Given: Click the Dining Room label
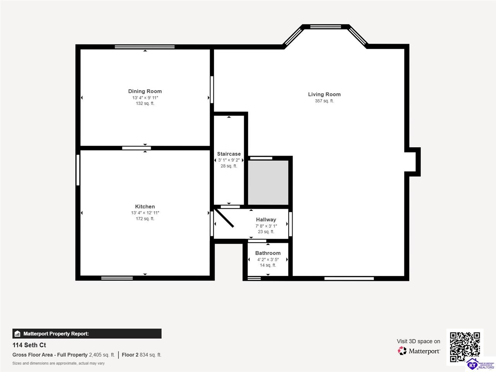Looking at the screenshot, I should pyautogui.click(x=145, y=91).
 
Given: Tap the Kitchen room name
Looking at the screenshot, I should pyautogui.click(x=145, y=207).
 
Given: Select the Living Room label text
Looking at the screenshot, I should pyautogui.click(x=324, y=94).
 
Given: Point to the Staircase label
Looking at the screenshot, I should pyautogui.click(x=229, y=154).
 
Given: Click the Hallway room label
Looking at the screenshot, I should pyautogui.click(x=266, y=220).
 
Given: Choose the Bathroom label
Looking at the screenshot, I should pyautogui.click(x=268, y=253).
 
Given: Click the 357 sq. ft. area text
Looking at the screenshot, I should pyautogui.click(x=324, y=101).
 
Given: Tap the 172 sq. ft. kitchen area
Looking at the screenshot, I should pyautogui.click(x=145, y=219).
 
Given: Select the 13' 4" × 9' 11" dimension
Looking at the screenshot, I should pyautogui.click(x=145, y=98).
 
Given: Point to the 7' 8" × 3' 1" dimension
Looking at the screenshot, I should pyautogui.click(x=266, y=226).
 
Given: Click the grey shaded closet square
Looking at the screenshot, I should pyautogui.click(x=268, y=182).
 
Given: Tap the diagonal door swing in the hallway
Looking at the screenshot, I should pyautogui.click(x=224, y=218).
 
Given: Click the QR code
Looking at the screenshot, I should pyautogui.click(x=465, y=347).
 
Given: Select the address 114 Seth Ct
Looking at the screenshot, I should pyautogui.click(x=29, y=345).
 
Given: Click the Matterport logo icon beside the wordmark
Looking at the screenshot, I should pyautogui.click(x=402, y=351).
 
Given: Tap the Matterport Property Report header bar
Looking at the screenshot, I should pyautogui.click(x=87, y=334).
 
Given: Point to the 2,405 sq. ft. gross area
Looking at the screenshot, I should pyautogui.click(x=102, y=355).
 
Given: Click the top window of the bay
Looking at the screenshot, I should pyautogui.click(x=325, y=27).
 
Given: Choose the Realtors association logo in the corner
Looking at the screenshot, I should pyautogui.click(x=480, y=364).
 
